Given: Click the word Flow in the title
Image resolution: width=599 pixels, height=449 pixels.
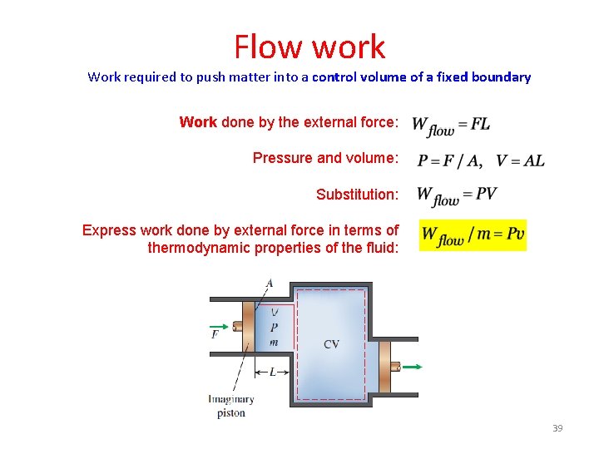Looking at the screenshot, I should coord(263,47).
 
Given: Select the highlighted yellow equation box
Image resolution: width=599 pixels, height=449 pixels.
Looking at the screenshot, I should coord(473,235).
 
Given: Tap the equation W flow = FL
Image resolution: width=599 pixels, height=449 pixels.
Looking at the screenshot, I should coord(452,125).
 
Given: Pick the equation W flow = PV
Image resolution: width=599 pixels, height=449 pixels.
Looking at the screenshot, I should coord(456,195).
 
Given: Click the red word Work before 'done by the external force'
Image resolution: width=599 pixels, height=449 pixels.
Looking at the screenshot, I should coord(198,122).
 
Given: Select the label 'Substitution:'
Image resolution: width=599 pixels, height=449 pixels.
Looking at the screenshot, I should coord(357,195).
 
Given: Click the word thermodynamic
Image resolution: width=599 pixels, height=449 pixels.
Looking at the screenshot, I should coord(200,248).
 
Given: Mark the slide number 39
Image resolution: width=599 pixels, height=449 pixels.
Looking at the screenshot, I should coord(557,428).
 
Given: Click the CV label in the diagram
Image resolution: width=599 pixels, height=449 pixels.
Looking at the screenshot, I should coord(331,344).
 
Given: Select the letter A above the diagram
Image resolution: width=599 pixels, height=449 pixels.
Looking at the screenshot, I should coord(269,284).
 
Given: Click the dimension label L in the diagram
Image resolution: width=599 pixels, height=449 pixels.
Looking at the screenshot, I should coord(273,373).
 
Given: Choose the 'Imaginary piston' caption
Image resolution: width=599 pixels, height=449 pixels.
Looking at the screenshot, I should coord(231,406).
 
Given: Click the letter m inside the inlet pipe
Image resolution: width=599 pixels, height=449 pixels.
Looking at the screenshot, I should coord(274,343).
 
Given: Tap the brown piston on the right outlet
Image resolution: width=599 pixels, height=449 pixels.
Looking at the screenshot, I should coord(384,366).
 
